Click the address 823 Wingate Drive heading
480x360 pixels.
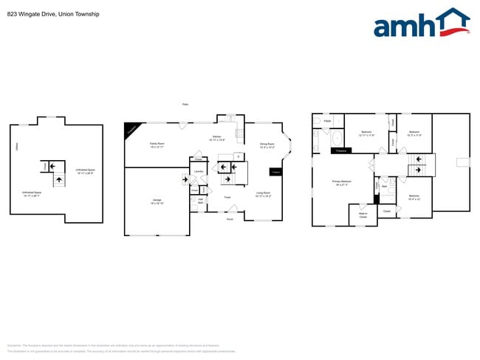[52, 14]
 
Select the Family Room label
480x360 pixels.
[157, 145]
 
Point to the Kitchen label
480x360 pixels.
[217, 138]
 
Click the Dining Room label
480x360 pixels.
[267, 145]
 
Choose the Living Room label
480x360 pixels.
[263, 195]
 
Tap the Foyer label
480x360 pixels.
[228, 198]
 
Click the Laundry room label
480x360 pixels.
[198, 172]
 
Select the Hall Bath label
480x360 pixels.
[200, 200]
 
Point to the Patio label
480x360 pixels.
[185, 104]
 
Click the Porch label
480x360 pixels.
[230, 219]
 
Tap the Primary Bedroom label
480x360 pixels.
[341, 182]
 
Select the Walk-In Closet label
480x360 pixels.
[363, 215]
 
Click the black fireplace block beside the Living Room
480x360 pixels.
[276, 172]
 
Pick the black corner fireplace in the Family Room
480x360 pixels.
[131, 130]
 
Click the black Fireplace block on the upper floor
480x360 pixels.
[340, 150]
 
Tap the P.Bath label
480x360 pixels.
[326, 121]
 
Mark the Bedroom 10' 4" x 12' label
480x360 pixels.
[414, 197]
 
